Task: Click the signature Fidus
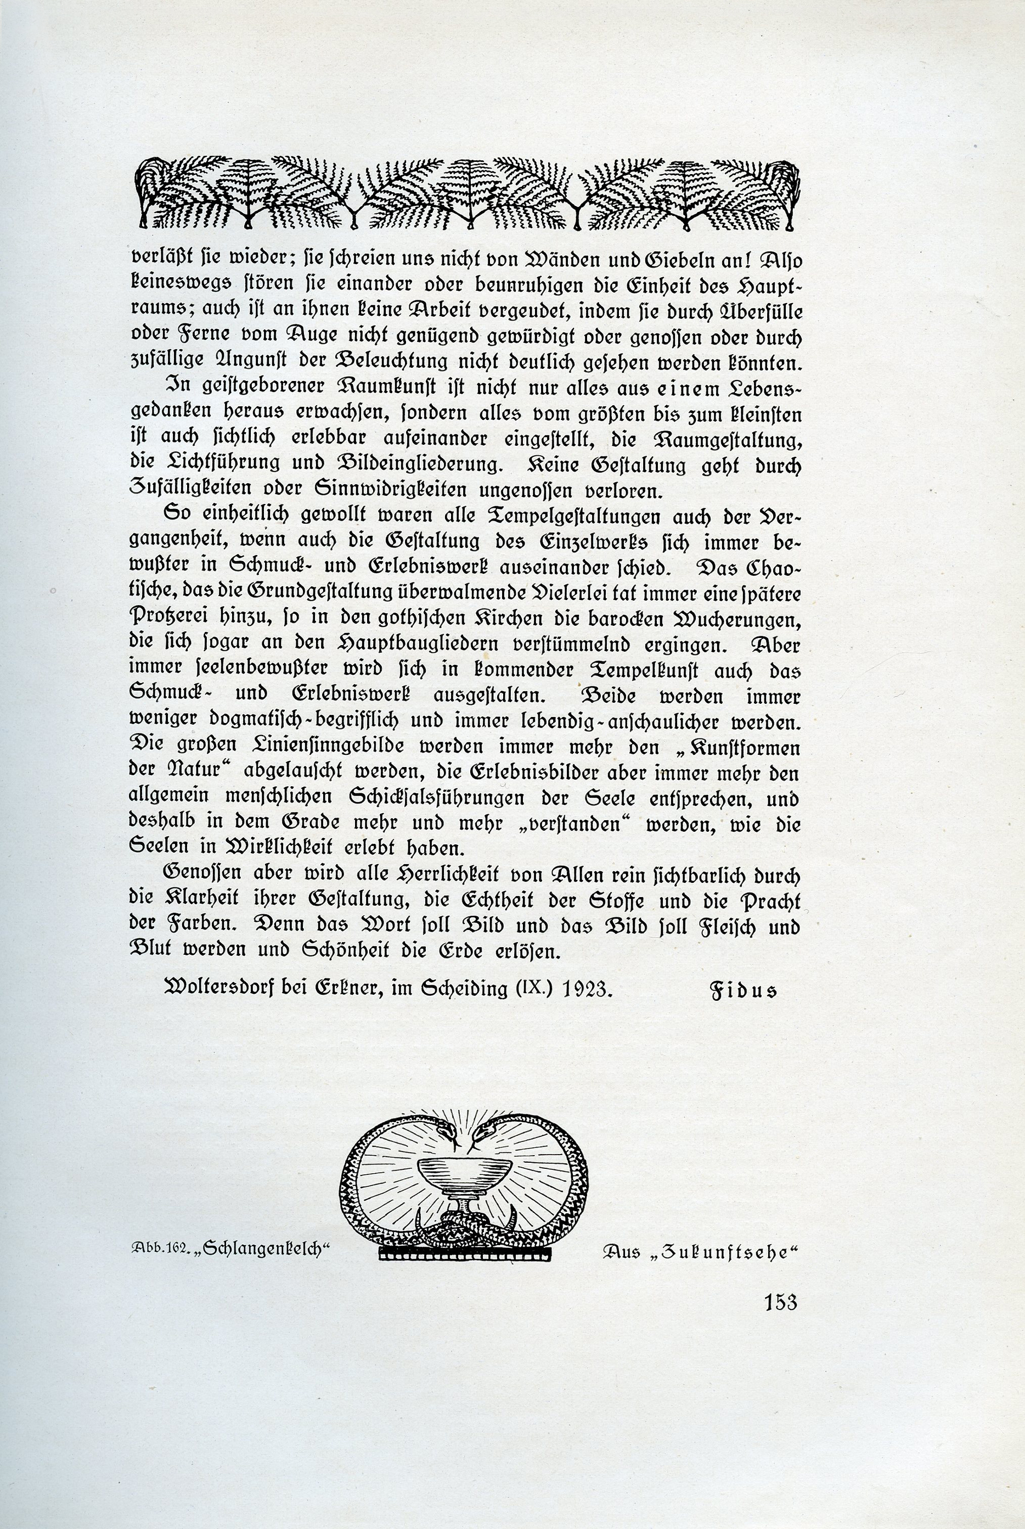(x=744, y=990)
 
